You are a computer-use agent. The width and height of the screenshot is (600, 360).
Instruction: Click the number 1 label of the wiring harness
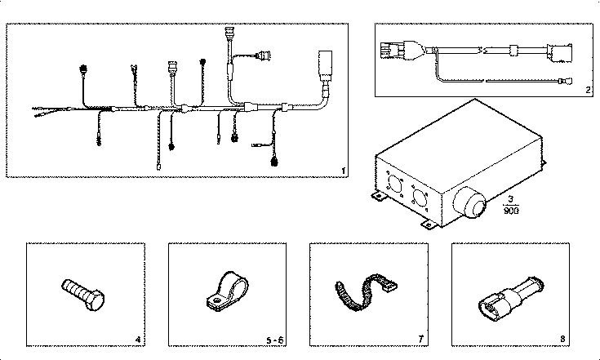pyautogui.click(x=344, y=171)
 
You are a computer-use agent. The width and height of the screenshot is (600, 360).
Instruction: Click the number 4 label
pyautogui.click(x=137, y=339)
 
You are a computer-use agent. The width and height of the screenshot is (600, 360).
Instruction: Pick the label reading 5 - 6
pyautogui.click(x=273, y=339)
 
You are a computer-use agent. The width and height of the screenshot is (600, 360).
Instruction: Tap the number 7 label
pyautogui.click(x=420, y=339)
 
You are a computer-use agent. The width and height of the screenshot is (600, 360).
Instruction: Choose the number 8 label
pyautogui.click(x=563, y=339)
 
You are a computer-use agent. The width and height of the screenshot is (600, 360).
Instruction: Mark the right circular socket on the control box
pyautogui.click(x=422, y=199)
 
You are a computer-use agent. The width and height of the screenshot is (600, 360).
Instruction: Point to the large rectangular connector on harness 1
pyautogui.click(x=322, y=63)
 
